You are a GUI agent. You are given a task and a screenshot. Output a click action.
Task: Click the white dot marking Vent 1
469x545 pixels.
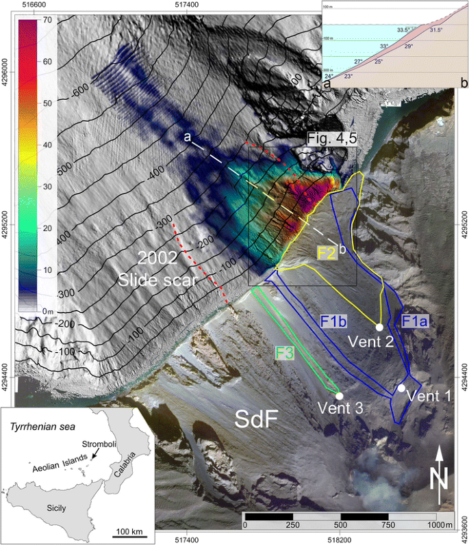pyautogui.click(x=401, y=388)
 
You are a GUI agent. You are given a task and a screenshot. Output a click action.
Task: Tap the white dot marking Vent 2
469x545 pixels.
pyautogui.click(x=379, y=327)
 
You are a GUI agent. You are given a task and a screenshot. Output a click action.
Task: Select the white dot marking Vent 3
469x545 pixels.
pyautogui.click(x=339, y=395)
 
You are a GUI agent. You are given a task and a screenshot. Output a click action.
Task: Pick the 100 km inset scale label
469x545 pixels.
pyautogui.click(x=129, y=531)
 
